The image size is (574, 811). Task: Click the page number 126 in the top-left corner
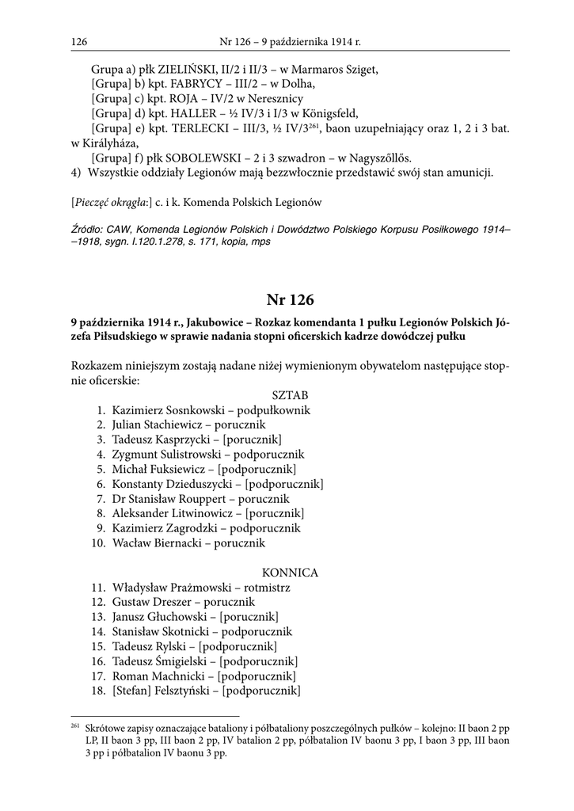(78, 40)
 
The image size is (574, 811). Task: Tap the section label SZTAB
(290, 394)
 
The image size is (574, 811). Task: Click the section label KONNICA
(290, 572)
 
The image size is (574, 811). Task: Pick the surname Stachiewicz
(178, 425)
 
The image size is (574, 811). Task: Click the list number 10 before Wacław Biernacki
(98, 543)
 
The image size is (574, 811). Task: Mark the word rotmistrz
(264, 588)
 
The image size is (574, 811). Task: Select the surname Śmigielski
(180, 661)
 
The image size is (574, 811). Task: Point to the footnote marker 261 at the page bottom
(76, 726)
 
